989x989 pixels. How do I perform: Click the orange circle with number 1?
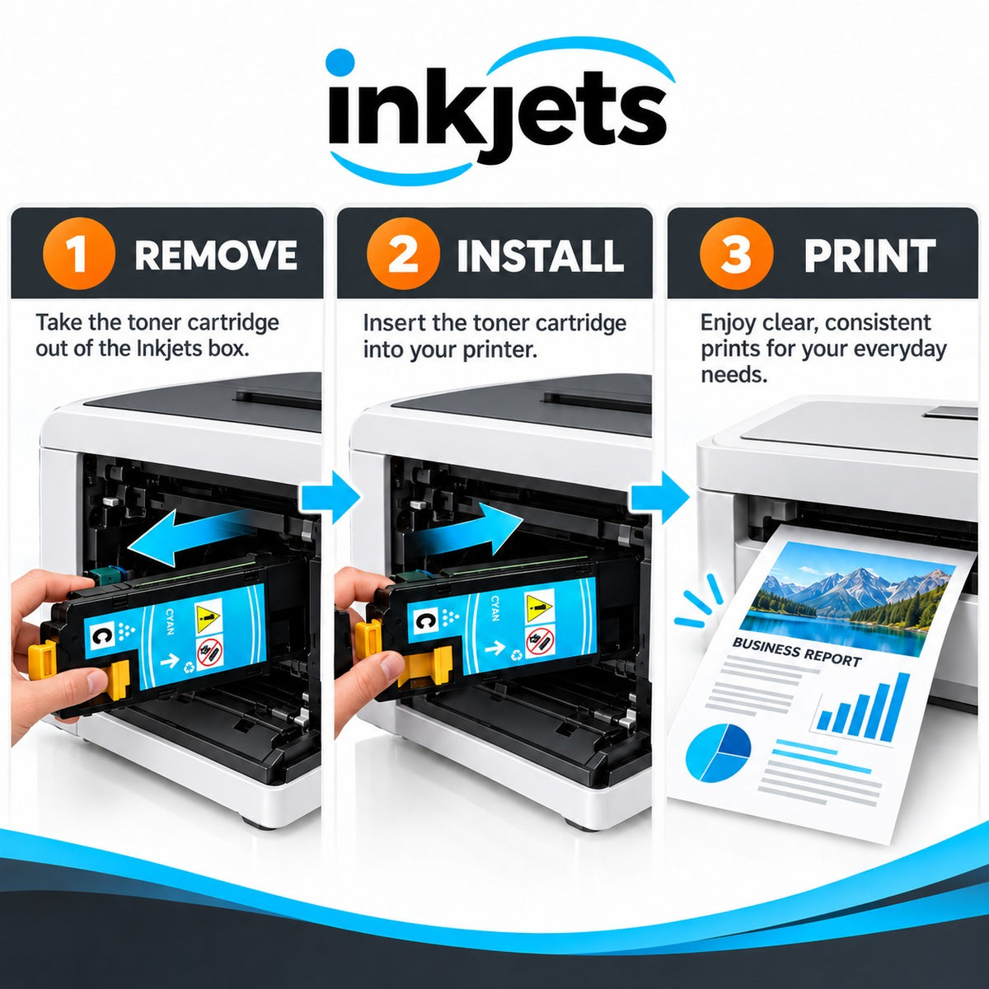(x=79, y=254)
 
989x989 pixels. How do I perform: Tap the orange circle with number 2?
(x=403, y=254)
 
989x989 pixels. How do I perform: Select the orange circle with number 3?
(x=737, y=254)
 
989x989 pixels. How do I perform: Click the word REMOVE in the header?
(x=216, y=255)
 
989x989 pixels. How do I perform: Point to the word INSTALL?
(x=540, y=255)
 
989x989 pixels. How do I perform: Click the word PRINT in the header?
(x=869, y=255)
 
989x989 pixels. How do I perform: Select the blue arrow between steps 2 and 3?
(x=660, y=498)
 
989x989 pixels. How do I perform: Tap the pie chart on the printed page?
(x=718, y=753)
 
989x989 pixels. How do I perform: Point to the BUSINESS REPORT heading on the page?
(x=796, y=652)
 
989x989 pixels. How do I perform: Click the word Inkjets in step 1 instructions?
(x=170, y=349)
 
